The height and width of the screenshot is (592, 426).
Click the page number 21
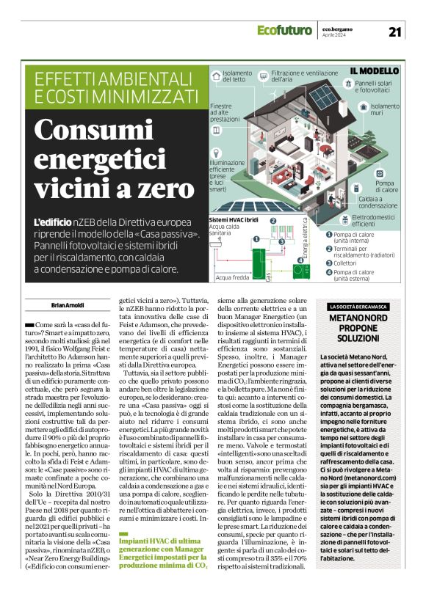(395, 32)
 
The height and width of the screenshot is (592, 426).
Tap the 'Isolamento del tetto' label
(237, 77)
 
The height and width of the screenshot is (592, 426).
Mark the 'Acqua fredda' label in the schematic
(233, 278)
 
